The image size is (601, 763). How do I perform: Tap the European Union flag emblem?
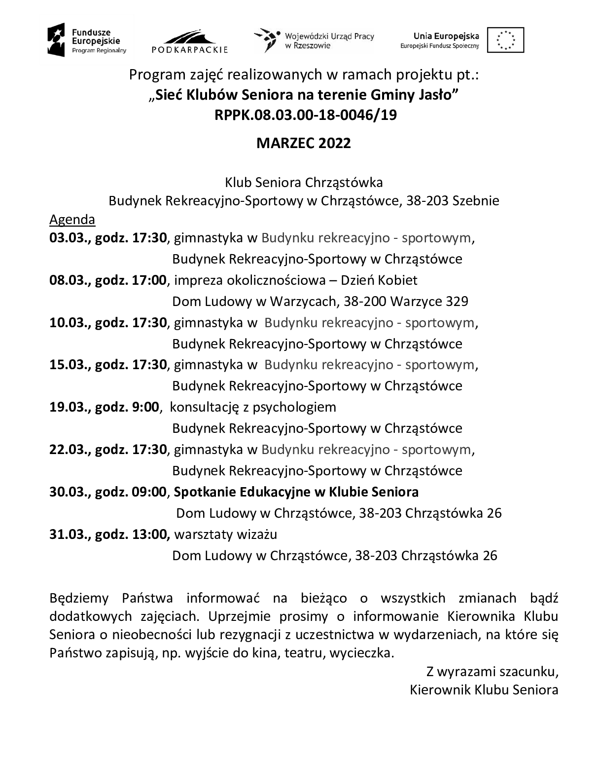pyautogui.click(x=505, y=40)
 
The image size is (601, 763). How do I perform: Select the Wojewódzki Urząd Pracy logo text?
pyautogui.click(x=329, y=40)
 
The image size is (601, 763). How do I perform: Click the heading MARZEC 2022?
pyautogui.click(x=303, y=143)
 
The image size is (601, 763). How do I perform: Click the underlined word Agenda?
pyautogui.click(x=72, y=219)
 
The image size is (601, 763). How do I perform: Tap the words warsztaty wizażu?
pyautogui.click(x=226, y=534)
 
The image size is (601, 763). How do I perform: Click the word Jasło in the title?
pyautogui.click(x=435, y=95)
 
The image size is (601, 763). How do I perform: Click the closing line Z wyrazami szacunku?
pyautogui.click(x=492, y=672)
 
